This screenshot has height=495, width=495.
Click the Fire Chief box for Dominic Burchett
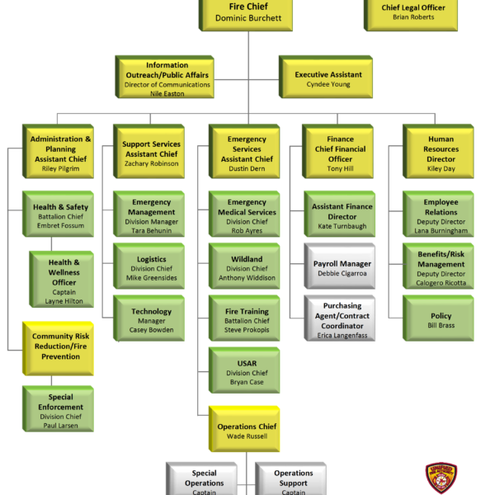tap(247, 12)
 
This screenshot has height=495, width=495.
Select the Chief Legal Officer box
tap(412, 12)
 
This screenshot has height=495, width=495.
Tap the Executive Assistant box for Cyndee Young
tap(328, 78)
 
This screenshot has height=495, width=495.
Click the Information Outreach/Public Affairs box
tap(167, 78)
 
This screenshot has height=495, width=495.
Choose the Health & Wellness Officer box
tap(64, 277)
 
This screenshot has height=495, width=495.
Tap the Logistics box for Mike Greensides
tap(151, 269)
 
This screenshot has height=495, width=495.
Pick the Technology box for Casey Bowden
tap(151, 317)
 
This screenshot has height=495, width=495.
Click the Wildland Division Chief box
tap(246, 269)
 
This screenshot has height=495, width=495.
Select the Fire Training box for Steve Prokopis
tap(246, 321)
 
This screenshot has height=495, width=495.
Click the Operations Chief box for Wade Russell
tap(246, 430)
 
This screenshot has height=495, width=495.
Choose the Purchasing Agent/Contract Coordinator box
tap(342, 320)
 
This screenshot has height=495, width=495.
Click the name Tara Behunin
tap(151, 230)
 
